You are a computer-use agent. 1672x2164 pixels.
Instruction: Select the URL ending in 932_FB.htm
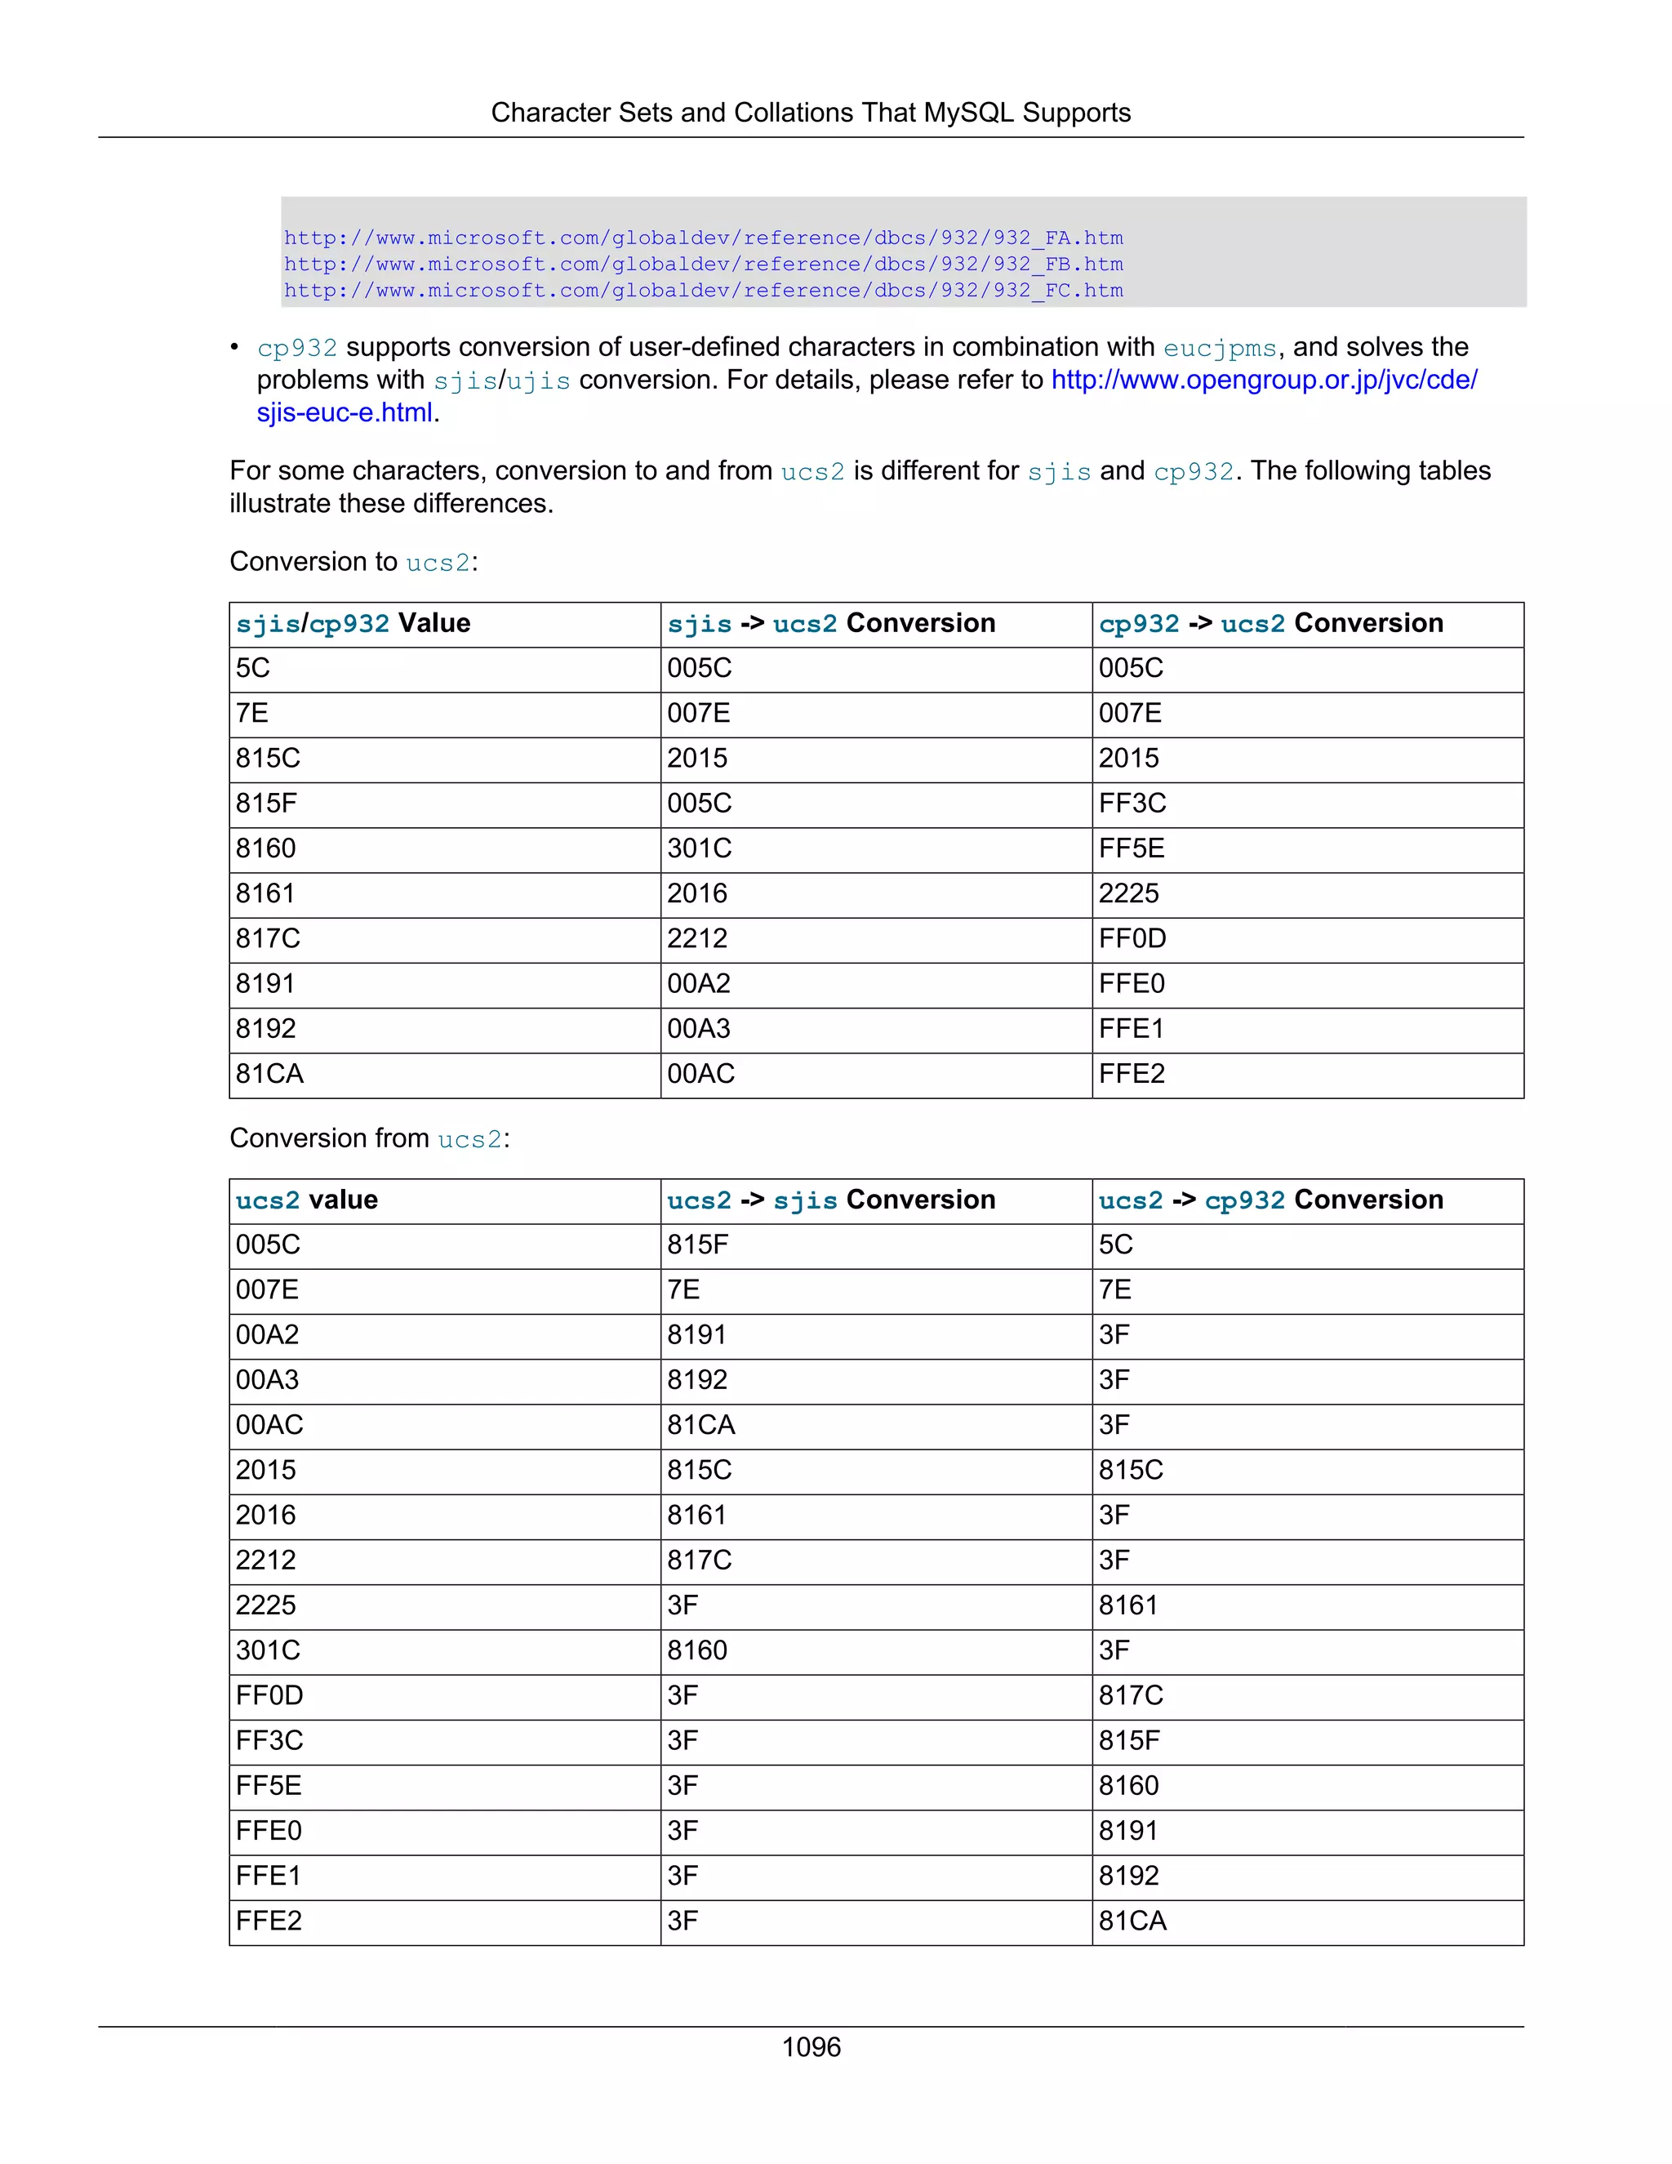point(702,264)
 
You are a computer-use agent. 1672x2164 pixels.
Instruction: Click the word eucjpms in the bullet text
point(1220,348)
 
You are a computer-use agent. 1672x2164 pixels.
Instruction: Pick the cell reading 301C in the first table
point(700,848)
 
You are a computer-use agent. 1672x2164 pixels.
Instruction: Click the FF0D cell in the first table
point(1132,938)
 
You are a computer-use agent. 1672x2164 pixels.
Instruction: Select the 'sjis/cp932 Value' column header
point(353,623)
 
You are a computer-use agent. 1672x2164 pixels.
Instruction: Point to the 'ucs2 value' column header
point(306,1200)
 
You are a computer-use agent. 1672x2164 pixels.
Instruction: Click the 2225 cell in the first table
point(1128,893)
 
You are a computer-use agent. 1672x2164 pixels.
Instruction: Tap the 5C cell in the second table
point(1115,1245)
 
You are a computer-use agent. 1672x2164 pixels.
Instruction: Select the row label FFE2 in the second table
point(269,1921)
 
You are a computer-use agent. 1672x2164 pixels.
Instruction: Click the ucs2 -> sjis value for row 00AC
point(700,1425)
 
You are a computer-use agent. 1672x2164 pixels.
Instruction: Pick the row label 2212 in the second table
point(265,1560)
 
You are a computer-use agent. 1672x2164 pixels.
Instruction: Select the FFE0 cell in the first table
point(1132,983)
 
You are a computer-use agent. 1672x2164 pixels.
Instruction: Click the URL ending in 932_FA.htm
point(702,238)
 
